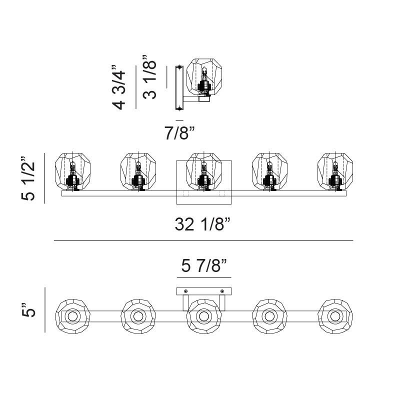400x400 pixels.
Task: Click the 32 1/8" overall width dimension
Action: [203, 224]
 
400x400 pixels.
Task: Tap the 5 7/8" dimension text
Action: [204, 265]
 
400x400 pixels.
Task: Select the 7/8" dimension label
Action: [179, 133]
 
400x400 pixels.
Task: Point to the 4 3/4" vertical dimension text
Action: [119, 87]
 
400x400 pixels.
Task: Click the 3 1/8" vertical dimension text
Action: [149, 77]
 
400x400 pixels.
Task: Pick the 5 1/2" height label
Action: [28, 178]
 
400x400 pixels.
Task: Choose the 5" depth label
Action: [28, 310]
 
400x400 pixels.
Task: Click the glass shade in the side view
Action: [204, 77]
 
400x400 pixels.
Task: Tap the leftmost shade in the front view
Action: [72, 171]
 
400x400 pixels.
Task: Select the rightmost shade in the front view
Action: [335, 171]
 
